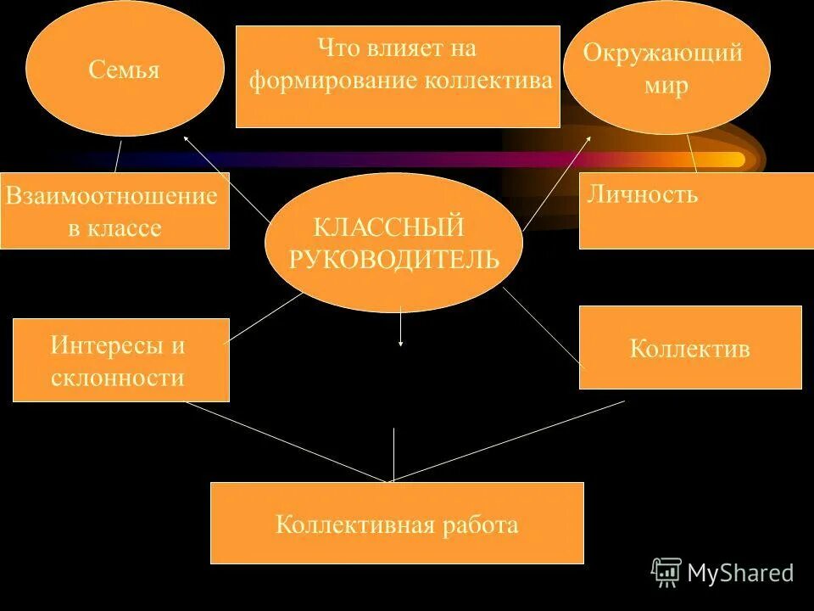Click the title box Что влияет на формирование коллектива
click(398, 76)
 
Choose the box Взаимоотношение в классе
click(114, 211)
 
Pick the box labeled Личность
click(689, 210)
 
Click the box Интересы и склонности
click(120, 360)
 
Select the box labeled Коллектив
click(690, 347)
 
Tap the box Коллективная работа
click(397, 523)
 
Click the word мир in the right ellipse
click(666, 87)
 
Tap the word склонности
click(118, 377)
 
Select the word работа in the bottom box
click(479, 524)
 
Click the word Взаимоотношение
click(112, 197)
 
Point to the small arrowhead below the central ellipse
click(400, 343)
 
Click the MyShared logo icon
click(666, 572)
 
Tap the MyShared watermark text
click(740, 573)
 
